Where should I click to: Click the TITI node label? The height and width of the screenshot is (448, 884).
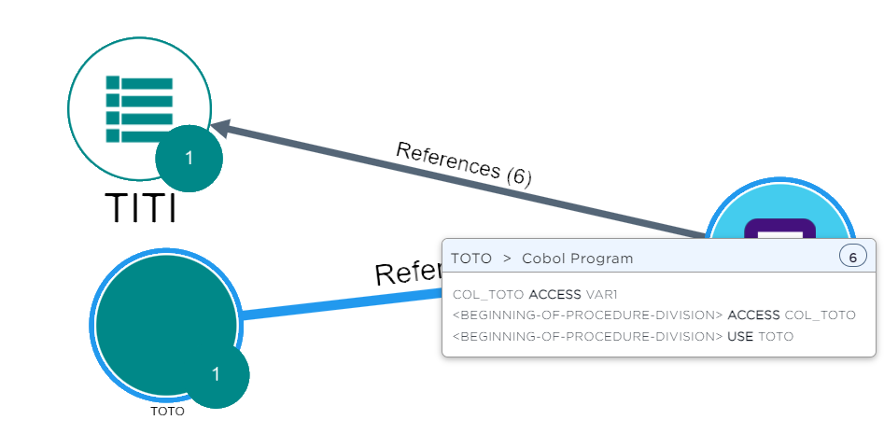pos(140,207)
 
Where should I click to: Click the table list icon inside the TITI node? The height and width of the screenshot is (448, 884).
pos(139,109)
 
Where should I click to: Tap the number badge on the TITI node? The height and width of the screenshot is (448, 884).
pos(189,158)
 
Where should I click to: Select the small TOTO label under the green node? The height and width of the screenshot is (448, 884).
pos(167,411)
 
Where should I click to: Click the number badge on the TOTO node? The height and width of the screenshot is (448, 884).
pos(216,374)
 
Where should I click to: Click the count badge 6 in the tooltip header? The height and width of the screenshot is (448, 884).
pos(852,256)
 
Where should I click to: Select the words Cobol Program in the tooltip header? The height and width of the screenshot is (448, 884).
pos(577,259)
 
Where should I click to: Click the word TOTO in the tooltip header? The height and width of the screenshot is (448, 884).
pos(470,259)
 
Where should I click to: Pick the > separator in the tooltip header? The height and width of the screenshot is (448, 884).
pos(507,259)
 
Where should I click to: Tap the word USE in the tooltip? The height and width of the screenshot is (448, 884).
pos(739,336)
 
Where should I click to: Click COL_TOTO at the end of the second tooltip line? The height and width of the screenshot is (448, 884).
pos(819,315)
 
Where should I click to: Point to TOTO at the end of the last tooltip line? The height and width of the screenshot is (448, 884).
pos(776,336)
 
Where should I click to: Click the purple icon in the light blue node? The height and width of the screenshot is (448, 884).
pos(773,229)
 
